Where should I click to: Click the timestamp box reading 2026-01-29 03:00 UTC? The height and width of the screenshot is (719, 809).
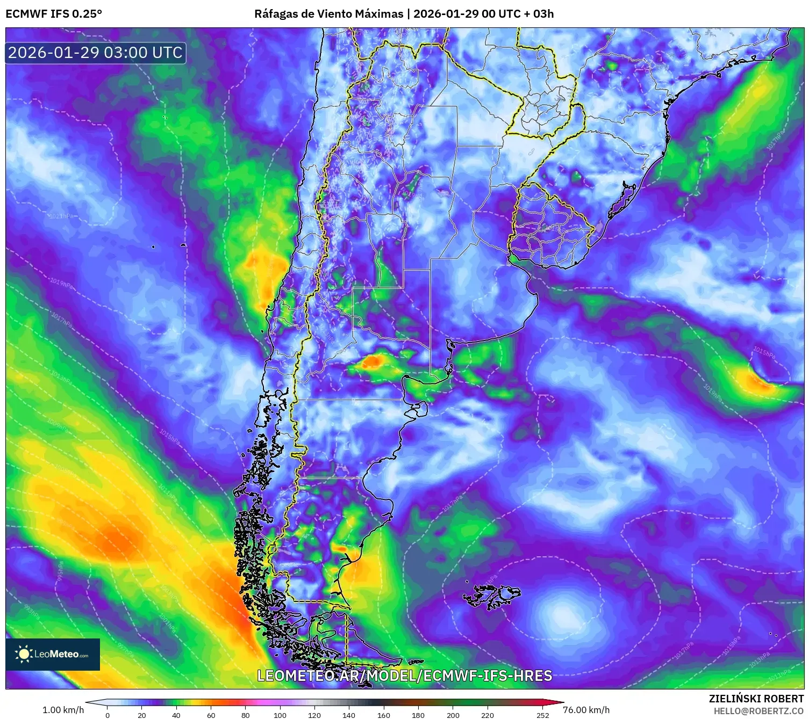[x=96, y=53]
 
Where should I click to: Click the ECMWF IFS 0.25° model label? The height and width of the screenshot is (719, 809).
[x=54, y=13]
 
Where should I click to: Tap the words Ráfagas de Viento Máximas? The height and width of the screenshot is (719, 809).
[x=328, y=13]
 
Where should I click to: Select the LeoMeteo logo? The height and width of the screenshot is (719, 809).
[x=53, y=654]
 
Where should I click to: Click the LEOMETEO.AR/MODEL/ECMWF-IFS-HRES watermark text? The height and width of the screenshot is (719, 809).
[x=404, y=676]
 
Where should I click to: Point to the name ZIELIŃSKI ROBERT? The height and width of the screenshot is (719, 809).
[x=756, y=699]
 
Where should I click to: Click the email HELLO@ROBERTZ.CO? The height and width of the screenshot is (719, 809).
[x=758, y=711]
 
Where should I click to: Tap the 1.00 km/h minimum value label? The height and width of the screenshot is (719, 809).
[x=63, y=710]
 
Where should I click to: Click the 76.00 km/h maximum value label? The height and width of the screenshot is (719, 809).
[x=586, y=710]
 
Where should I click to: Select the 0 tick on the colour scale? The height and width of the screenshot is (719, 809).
[x=108, y=715]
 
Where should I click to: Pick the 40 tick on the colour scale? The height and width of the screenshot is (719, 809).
[x=176, y=715]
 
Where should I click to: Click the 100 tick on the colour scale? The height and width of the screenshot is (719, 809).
[x=280, y=715]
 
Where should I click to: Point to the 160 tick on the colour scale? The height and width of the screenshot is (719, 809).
[x=383, y=715]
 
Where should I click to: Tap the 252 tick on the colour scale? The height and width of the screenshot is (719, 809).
[x=543, y=715]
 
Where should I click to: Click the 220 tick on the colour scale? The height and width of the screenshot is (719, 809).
[x=487, y=715]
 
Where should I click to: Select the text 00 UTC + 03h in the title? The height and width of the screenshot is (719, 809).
[x=518, y=13]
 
